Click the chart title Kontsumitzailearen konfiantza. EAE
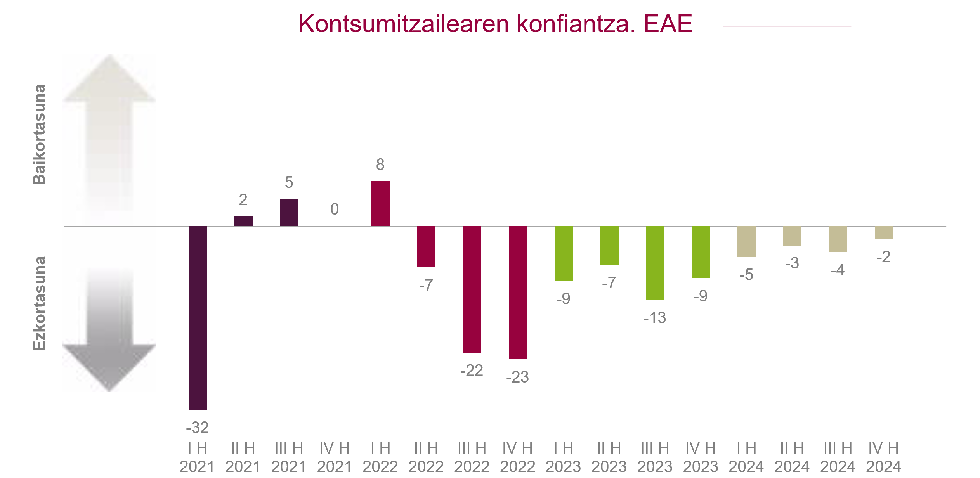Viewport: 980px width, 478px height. click(x=495, y=24)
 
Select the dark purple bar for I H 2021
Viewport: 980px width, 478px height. click(x=198, y=318)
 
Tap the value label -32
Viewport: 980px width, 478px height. click(x=198, y=428)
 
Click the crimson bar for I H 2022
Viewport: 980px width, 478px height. click(x=380, y=204)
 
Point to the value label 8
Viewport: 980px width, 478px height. click(x=380, y=165)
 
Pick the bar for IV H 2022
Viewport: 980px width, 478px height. click(x=518, y=293)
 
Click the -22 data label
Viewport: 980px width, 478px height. click(x=472, y=371)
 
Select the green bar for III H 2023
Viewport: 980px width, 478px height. click(x=655, y=263)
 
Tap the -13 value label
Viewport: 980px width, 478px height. click(x=655, y=318)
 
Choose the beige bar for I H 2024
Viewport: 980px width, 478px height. click(x=746, y=241)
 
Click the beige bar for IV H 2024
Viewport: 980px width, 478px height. click(x=884, y=233)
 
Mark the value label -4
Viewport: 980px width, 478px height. click(x=838, y=270)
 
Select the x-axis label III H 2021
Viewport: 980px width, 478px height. click(x=289, y=457)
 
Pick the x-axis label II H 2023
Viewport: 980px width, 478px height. click(x=609, y=457)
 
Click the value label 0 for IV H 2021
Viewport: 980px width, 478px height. click(x=335, y=209)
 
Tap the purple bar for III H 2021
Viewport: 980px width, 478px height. click(x=289, y=213)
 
